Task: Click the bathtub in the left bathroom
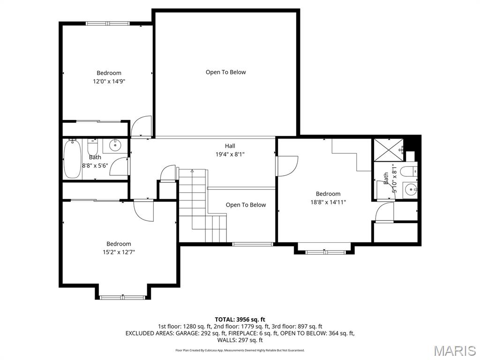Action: (x=72, y=159)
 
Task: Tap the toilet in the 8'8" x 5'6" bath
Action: (x=92, y=148)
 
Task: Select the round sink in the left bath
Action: (x=115, y=146)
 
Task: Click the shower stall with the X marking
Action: (x=387, y=149)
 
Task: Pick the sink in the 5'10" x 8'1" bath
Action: (x=410, y=190)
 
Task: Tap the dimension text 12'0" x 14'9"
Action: (x=109, y=81)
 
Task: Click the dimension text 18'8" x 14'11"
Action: (x=328, y=202)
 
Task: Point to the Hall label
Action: (x=230, y=146)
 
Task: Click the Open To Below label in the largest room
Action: (x=225, y=72)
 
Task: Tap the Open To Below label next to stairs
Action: (x=246, y=205)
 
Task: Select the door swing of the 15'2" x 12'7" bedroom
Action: (x=143, y=210)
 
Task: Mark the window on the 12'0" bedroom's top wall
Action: (x=108, y=23)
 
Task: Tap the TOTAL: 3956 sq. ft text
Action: (x=240, y=320)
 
